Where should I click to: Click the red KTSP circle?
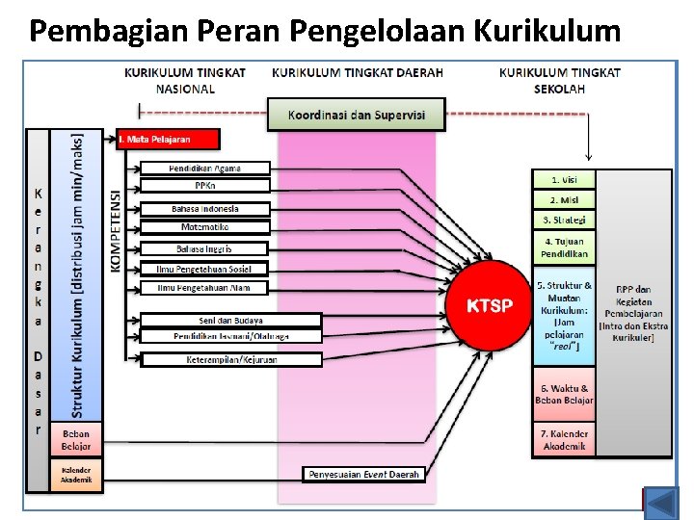pyautogui.click(x=489, y=306)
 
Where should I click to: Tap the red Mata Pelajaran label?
pyautogui.click(x=168, y=140)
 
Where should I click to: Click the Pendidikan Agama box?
pyautogui.click(x=205, y=169)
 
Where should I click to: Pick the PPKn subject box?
pyautogui.click(x=205, y=186)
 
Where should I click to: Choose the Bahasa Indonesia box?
pyautogui.click(x=205, y=209)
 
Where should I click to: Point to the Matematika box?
pyautogui.click(x=205, y=227)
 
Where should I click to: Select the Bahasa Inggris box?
pyautogui.click(x=205, y=248)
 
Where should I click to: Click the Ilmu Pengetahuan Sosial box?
pyautogui.click(x=205, y=269)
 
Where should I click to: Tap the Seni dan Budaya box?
pyautogui.click(x=231, y=320)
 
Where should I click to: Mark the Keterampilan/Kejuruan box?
pyautogui.click(x=231, y=359)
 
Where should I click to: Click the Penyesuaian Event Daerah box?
pyautogui.click(x=364, y=474)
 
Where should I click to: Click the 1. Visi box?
pyautogui.click(x=564, y=179)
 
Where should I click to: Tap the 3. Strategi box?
pyautogui.click(x=564, y=220)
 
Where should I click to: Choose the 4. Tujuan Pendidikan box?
pyautogui.click(x=564, y=247)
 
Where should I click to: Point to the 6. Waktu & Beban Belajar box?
pyautogui.click(x=564, y=395)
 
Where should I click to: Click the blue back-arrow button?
pyautogui.click(x=661, y=503)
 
